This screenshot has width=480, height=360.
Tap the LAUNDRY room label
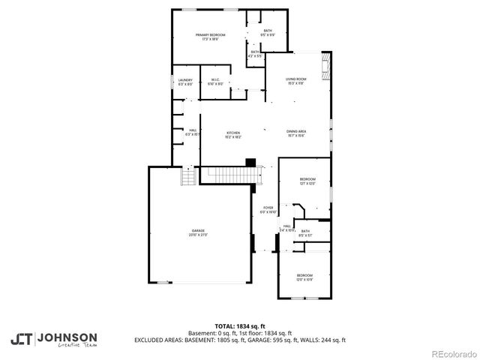pyautogui.click(x=185, y=79)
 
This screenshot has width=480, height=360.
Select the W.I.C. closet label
pyautogui.click(x=214, y=79)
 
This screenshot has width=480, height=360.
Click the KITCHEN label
pyautogui.click(x=233, y=133)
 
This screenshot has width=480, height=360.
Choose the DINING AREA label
pyautogui.click(x=295, y=133)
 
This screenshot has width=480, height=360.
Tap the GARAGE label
pyautogui.click(x=198, y=230)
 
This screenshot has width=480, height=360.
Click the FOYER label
pyautogui.click(x=267, y=207)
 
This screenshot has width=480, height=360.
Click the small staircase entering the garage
pyautogui.click(x=187, y=178)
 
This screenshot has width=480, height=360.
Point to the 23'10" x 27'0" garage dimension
pyautogui.click(x=198, y=235)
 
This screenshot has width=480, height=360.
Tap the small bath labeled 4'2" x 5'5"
pyautogui.click(x=255, y=53)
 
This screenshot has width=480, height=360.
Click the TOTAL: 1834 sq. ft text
pyautogui.click(x=240, y=326)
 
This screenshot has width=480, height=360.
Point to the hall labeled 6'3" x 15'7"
pyautogui.click(x=193, y=132)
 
